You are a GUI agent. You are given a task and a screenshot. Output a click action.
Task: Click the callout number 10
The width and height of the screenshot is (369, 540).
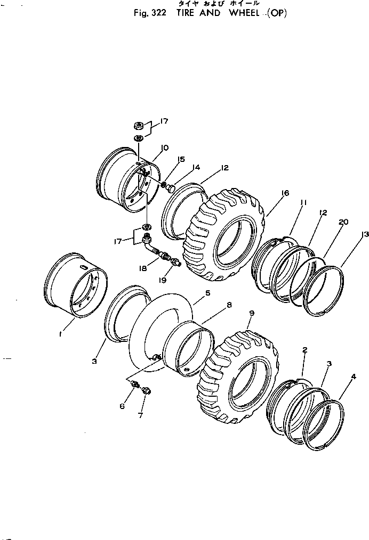[164, 148]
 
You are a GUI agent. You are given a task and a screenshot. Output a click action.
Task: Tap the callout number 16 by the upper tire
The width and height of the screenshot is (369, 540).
[285, 193]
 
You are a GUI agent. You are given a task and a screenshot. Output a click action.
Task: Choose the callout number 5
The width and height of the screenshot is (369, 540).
[207, 293]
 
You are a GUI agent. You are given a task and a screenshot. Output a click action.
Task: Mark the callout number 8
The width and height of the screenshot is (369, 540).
[229, 305]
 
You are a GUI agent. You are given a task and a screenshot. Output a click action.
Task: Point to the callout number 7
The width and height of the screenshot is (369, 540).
[141, 415]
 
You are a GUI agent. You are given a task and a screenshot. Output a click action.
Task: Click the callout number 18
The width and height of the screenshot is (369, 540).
[143, 269]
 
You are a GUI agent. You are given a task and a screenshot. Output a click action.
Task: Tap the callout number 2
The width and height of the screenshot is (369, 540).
[304, 350]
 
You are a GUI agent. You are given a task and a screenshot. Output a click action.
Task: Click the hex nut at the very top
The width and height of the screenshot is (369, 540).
[138, 126]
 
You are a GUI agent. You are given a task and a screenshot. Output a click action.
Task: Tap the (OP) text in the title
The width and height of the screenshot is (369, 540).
[276, 13]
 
